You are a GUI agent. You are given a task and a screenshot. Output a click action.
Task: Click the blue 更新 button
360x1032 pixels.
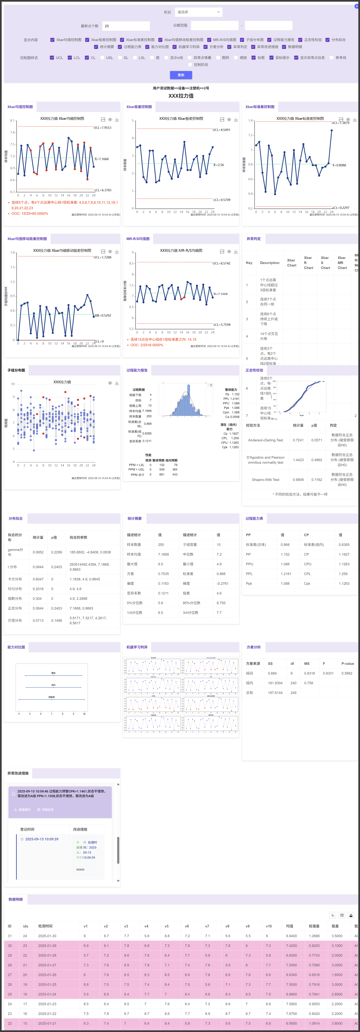click(181, 75)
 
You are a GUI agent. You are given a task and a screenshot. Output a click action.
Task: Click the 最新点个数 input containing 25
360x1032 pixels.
click(126, 26)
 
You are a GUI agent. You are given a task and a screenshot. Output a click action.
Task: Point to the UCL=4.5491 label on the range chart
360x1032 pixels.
click(221, 130)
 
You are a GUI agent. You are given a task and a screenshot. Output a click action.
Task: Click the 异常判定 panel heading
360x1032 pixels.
click(254, 239)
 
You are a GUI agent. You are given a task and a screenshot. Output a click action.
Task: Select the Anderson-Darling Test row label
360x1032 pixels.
click(265, 440)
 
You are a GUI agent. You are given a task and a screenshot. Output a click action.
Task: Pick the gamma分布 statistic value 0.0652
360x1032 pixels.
click(38, 552)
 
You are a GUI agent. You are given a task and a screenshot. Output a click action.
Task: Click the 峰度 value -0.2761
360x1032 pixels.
click(223, 583)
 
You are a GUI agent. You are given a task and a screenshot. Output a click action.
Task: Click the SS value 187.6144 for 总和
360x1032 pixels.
click(275, 693)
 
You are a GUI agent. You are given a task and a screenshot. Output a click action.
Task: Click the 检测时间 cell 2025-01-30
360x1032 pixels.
click(47, 936)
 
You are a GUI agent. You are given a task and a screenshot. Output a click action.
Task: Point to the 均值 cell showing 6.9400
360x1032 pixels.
click(292, 936)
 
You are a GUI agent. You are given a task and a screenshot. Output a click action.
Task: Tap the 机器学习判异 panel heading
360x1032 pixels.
click(137, 647)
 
